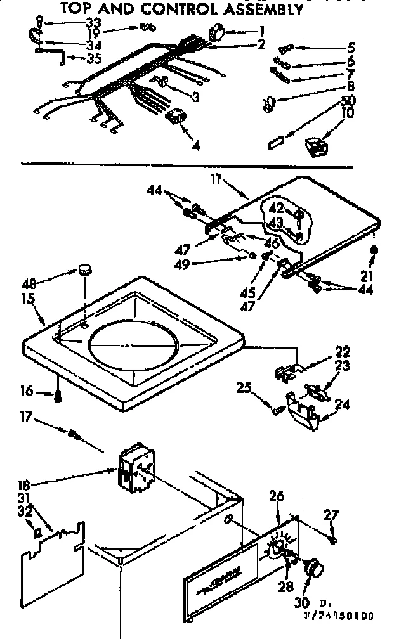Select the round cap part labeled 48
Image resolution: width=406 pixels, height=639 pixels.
click(x=84, y=271)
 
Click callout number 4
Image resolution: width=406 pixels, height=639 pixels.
click(x=195, y=145)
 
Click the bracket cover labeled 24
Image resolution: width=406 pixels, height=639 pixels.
click(x=303, y=413)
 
